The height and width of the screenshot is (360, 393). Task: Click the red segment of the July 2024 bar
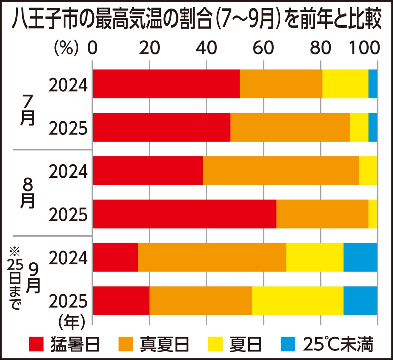[x=166, y=84]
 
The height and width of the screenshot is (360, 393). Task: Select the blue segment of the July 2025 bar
[x=372, y=127]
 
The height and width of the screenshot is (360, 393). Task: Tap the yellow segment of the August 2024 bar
[x=368, y=170]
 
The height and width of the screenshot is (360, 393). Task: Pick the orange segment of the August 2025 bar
[x=322, y=214]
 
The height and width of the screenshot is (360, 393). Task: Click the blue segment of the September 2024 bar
[x=360, y=257]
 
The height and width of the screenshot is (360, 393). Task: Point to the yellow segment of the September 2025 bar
[x=298, y=301]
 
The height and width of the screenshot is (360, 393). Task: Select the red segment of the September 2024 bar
[x=115, y=257]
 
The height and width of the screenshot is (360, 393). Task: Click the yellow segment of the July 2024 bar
[x=345, y=84]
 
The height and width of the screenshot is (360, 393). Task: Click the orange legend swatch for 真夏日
[x=125, y=344]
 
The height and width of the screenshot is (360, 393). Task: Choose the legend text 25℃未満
[x=338, y=344]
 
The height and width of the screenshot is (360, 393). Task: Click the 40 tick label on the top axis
[x=206, y=49]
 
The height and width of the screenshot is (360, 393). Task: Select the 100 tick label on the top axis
[x=364, y=49]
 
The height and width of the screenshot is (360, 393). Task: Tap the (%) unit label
[x=66, y=49]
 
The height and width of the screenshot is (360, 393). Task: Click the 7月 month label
[x=28, y=111]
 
